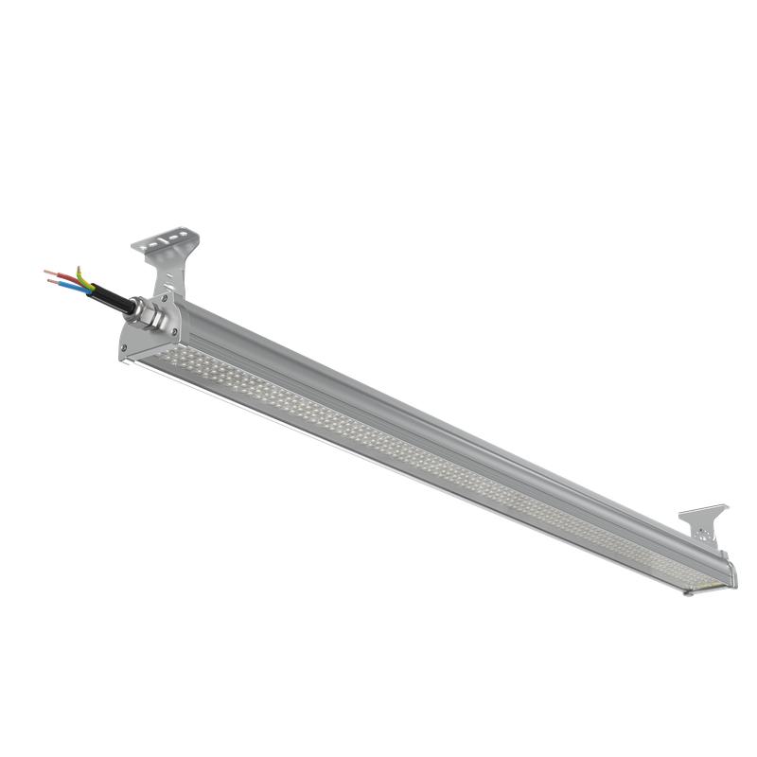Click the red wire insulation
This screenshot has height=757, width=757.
click(67, 277)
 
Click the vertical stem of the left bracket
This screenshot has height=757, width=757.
click(167, 274)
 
